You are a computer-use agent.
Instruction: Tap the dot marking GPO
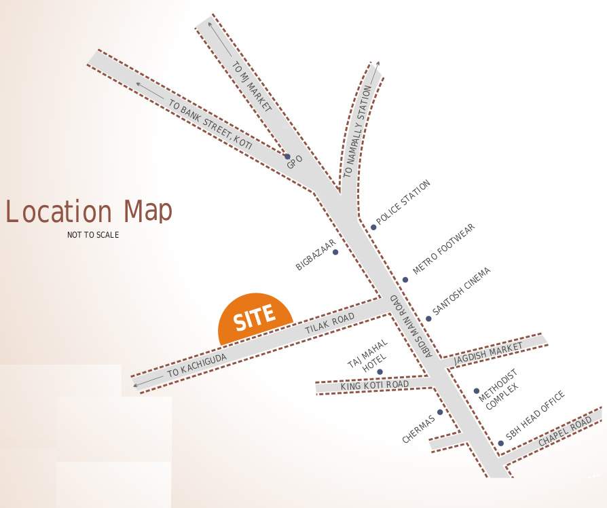[x=287, y=156]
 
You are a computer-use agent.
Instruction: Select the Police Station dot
[x=373, y=227]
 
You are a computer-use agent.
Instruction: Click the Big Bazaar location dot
[x=335, y=252]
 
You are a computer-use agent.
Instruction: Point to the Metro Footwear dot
[x=405, y=279]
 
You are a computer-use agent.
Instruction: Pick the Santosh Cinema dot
[x=428, y=319]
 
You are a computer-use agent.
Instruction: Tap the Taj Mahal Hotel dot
[x=380, y=371]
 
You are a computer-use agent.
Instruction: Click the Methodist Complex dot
[x=476, y=391]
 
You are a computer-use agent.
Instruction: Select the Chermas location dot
[x=440, y=412]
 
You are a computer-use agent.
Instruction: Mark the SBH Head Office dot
[x=500, y=443]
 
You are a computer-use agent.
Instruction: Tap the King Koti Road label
[x=375, y=386]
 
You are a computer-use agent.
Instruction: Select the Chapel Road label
[x=565, y=433]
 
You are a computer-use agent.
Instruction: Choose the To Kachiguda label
[x=197, y=365]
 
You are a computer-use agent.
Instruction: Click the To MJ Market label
[x=252, y=87]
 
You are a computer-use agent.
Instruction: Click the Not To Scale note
[x=93, y=235]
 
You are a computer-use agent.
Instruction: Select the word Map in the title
[x=148, y=211]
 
